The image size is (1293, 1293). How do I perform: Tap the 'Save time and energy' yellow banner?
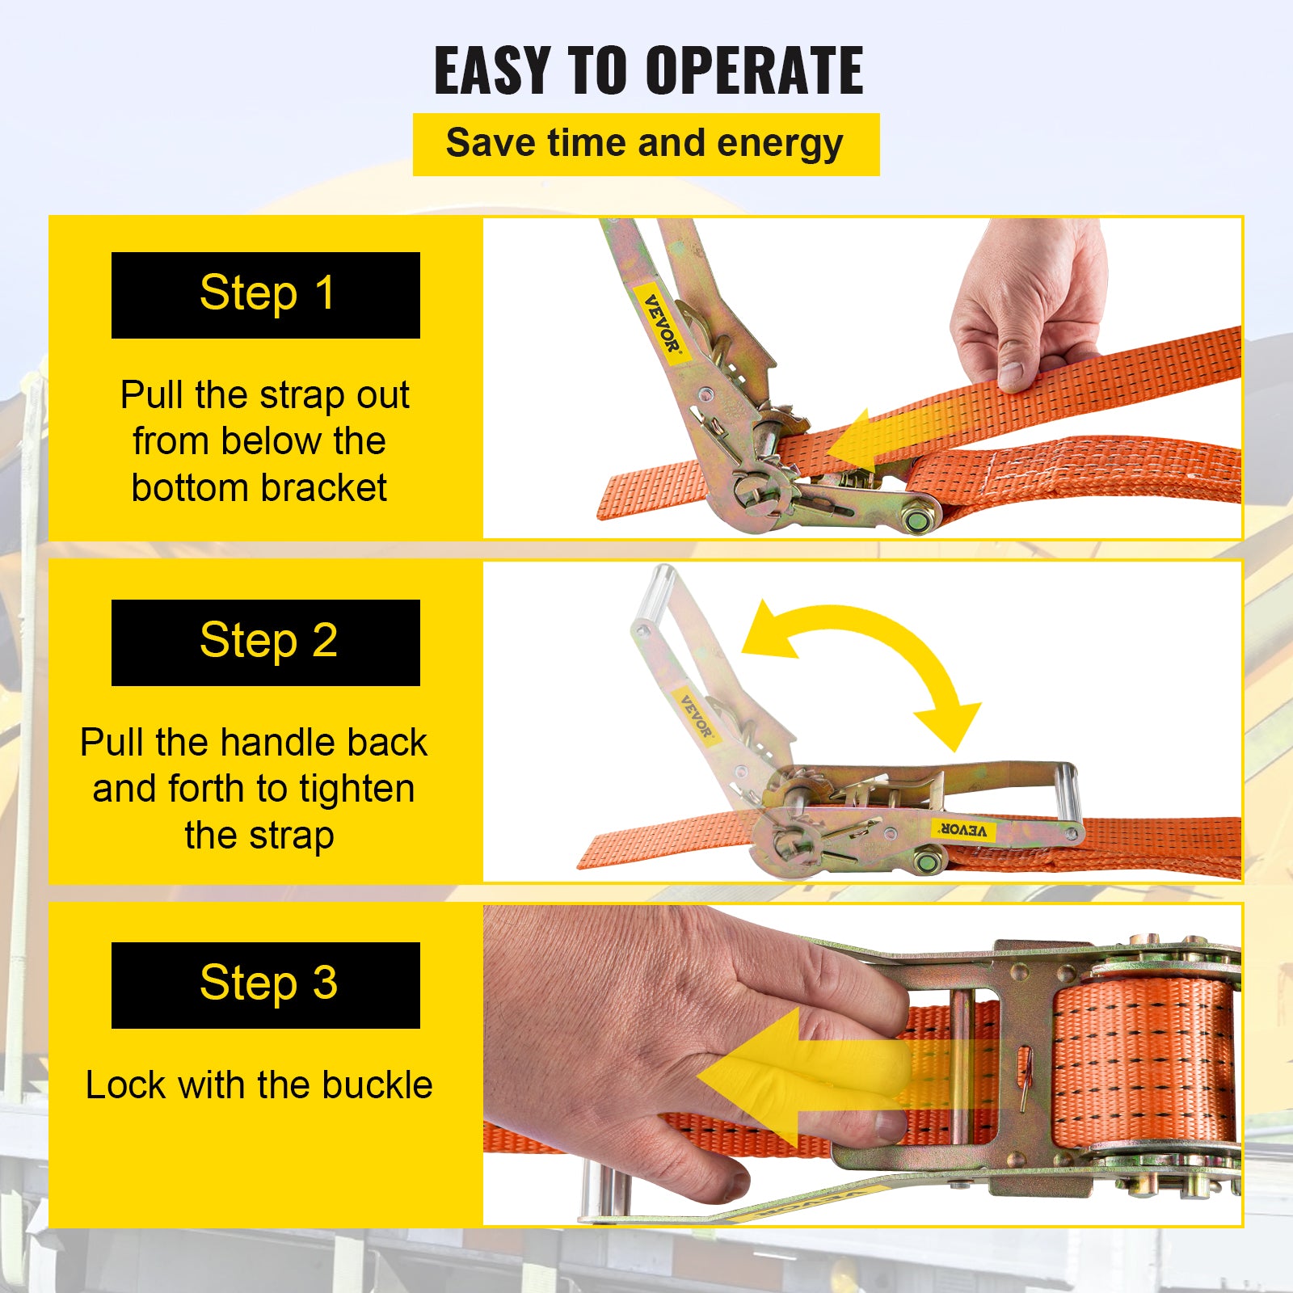(x=645, y=145)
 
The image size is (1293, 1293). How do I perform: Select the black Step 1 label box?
(x=265, y=295)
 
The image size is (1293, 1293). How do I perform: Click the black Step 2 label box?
(x=265, y=642)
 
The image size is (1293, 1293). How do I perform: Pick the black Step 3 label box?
(x=265, y=985)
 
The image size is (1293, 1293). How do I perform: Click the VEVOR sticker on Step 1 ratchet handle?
(x=662, y=323)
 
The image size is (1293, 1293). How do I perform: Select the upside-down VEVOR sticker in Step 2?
(x=962, y=829)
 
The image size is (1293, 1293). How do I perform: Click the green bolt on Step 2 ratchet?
(x=927, y=862)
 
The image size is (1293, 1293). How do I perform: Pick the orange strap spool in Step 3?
(x=1143, y=1059)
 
